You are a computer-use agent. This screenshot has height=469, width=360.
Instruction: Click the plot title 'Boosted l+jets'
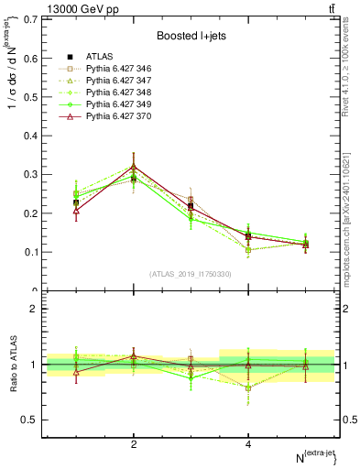click(x=190, y=35)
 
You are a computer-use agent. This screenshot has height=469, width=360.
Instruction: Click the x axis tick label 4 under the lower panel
click(x=248, y=444)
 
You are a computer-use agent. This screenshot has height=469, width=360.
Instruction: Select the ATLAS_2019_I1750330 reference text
click(x=190, y=274)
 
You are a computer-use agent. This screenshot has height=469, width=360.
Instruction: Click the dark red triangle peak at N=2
click(x=134, y=167)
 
